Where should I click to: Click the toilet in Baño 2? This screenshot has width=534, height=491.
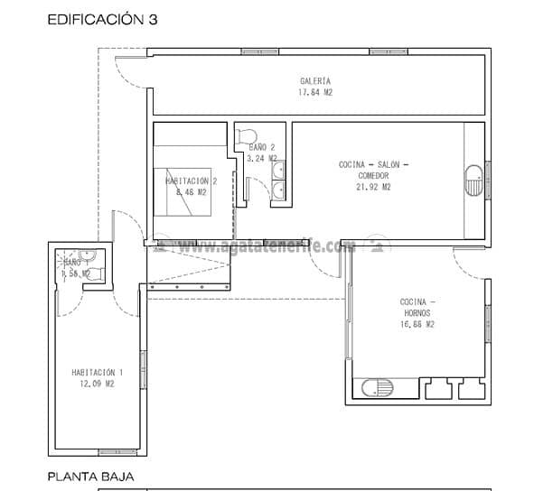click(244, 136)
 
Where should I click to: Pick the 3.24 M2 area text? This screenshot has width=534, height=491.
click(261, 158)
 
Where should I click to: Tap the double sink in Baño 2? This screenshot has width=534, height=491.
click(280, 179)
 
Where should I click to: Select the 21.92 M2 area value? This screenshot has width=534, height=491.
click(373, 188)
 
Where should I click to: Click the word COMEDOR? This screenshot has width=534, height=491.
click(373, 176)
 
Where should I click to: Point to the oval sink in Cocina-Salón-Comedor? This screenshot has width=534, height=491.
click(473, 180)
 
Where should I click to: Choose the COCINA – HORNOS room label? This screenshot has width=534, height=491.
click(417, 307)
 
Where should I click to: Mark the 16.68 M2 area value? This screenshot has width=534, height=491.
click(417, 324)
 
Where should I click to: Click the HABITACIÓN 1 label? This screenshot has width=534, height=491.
click(97, 372)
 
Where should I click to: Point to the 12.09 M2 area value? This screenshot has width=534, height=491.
click(97, 384)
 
